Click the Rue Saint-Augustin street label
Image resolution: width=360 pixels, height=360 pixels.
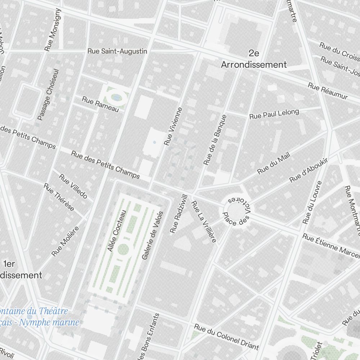tap(117, 51)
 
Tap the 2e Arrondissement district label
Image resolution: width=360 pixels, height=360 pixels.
tap(254, 59)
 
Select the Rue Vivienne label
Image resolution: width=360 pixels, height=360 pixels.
tap(173, 126)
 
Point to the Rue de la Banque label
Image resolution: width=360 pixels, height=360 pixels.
tap(215, 140)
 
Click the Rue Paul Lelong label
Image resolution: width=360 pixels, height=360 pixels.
tap(274, 114)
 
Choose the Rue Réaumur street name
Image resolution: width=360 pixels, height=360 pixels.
tap(328, 91)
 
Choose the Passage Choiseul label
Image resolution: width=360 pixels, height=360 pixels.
tap(48, 95)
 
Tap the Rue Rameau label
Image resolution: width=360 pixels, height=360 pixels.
tap(100, 104)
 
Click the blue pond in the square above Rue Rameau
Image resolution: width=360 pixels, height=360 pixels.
tap(116, 97)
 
